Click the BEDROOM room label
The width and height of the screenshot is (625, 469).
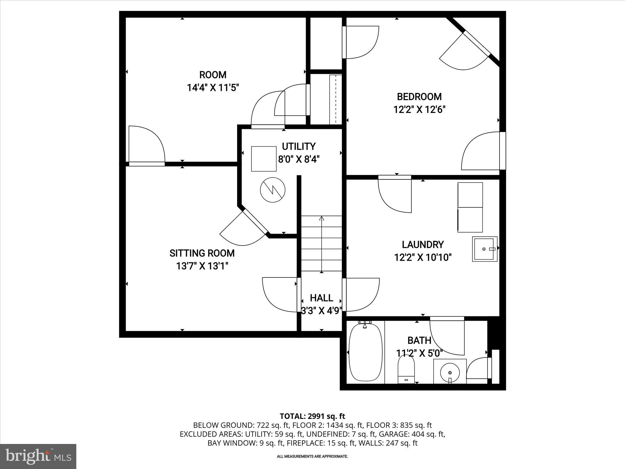(419, 97)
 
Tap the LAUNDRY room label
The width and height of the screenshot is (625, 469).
(423, 245)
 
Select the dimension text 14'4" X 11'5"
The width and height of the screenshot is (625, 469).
(213, 88)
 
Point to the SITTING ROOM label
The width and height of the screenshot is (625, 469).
(202, 253)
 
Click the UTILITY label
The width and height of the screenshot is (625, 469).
(298, 147)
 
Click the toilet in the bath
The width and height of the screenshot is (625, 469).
(406, 369)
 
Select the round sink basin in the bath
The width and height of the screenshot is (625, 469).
(450, 372)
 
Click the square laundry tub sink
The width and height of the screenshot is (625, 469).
(485, 249)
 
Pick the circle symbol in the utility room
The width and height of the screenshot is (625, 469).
(273, 190)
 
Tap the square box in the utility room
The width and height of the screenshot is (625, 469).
(264, 159)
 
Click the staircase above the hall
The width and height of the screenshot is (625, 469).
(321, 243)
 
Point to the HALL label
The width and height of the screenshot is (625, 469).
(321, 298)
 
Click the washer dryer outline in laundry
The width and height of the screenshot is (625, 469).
(470, 207)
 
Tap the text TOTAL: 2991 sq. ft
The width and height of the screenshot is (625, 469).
(312, 416)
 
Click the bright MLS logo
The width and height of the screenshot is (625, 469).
(38, 456)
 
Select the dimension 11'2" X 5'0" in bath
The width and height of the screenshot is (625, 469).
(419, 353)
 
